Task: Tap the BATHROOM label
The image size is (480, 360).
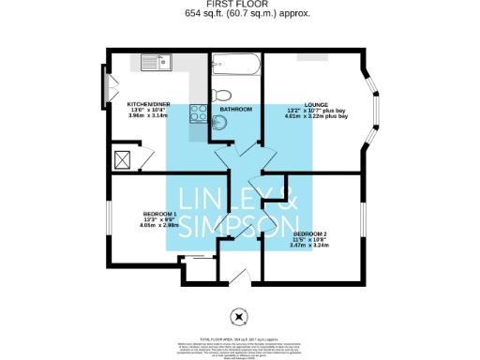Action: coord(236,110)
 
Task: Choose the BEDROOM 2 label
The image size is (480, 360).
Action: coord(310,233)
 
